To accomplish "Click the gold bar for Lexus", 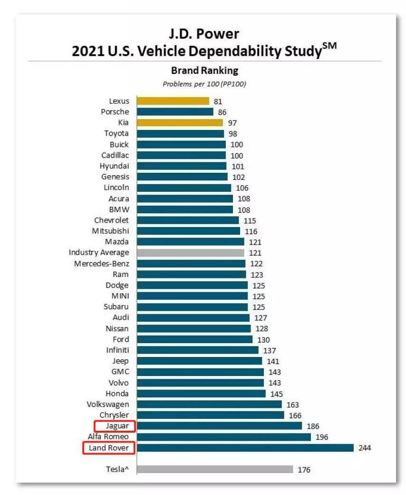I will (173, 101).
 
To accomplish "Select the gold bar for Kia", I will (180, 122).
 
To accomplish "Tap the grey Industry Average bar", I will (191, 253).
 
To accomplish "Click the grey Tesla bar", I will (215, 469).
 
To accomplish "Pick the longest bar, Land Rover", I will (245, 448).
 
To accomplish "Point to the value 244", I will (365, 448).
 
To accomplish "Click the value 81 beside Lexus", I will (218, 101).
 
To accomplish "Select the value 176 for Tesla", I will (304, 470).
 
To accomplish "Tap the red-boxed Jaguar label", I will (115, 426).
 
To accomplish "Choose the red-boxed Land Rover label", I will (108, 448).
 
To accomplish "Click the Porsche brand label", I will (115, 112).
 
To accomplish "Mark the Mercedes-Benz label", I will (101, 264).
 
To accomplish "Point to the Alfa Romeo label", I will (108, 437).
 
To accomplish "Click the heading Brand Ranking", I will (204, 71).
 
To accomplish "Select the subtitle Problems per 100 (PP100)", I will (204, 84).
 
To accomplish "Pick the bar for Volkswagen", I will (209, 405).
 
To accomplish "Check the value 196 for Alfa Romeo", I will (322, 437).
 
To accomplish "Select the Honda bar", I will (201, 394).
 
